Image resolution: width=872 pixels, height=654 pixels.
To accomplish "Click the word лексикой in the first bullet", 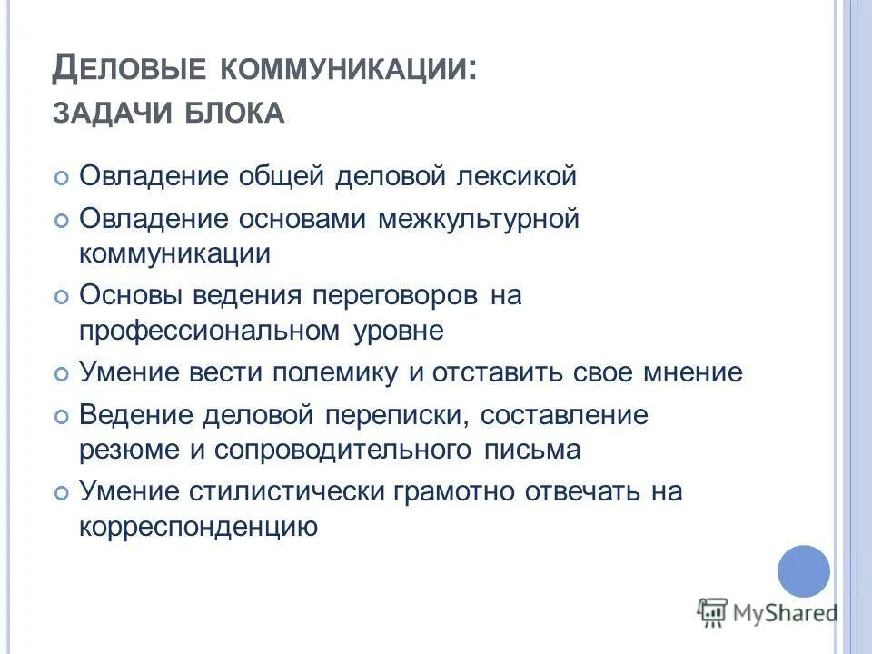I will [500, 175].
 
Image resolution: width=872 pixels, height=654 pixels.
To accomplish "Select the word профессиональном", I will [209, 331].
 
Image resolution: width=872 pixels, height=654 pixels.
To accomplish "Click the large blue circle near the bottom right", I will [804, 571].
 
